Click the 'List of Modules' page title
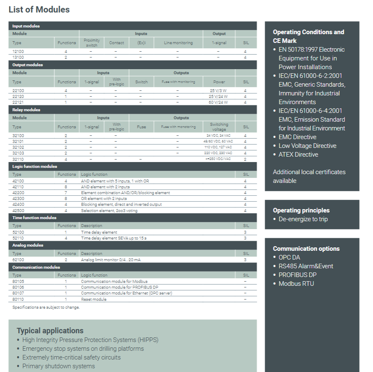pos(39,9)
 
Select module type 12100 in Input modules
pos(18,52)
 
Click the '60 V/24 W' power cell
pos(219,102)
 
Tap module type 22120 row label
pos(18,96)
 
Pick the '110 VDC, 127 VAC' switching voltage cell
pos(219,147)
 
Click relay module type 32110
pos(18,159)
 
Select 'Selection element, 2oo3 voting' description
pos(109,210)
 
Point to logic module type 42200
pos(18,193)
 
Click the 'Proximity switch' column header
pos(91,42)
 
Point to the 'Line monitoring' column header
pos(178,42)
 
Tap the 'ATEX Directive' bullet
pos(298,155)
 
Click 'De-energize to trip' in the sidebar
pos(303,219)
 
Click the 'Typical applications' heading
pos(50,331)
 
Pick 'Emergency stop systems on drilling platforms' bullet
pos(83,349)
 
